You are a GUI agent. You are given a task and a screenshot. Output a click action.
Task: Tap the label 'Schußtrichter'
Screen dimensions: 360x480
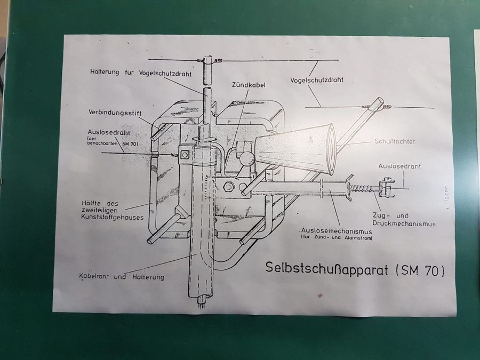[395, 141]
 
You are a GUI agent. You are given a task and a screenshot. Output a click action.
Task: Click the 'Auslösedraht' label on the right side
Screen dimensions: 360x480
[399, 166]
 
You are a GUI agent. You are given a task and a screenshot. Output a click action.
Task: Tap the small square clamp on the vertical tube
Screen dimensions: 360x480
[185, 155]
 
